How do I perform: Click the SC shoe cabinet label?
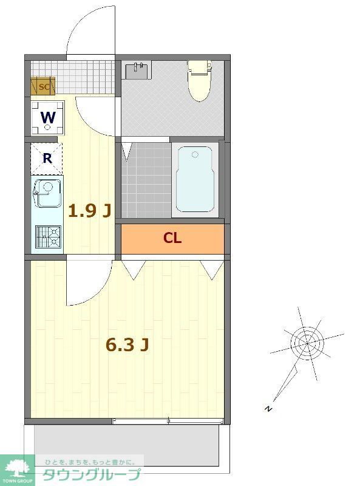(x=44, y=86)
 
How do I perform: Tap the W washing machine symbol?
(x=47, y=118)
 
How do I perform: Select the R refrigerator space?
(x=47, y=159)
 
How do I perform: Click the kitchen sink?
(x=46, y=193)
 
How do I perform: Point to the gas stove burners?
(x=47, y=236)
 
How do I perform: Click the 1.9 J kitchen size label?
(x=89, y=211)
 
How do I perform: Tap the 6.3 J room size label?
(x=127, y=344)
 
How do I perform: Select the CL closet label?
(x=172, y=238)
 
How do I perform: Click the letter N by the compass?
(x=268, y=409)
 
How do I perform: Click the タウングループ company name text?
(x=91, y=474)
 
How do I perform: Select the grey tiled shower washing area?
(x=146, y=179)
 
